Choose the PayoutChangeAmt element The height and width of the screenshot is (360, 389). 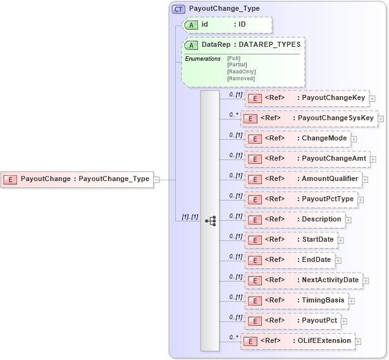click(x=308, y=159)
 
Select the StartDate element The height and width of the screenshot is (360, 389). click(x=290, y=240)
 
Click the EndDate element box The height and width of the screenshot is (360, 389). click(x=289, y=260)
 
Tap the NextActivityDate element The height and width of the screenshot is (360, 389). click(x=303, y=280)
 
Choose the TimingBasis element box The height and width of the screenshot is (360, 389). click(x=296, y=301)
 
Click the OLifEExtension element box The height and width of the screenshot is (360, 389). click(x=297, y=341)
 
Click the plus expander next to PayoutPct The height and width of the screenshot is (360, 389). click(x=344, y=321)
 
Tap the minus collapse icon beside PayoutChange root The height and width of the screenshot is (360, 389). click(x=156, y=179)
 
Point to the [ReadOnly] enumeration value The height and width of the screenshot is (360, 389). click(x=241, y=71)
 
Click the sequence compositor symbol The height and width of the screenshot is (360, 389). click(x=210, y=221)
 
